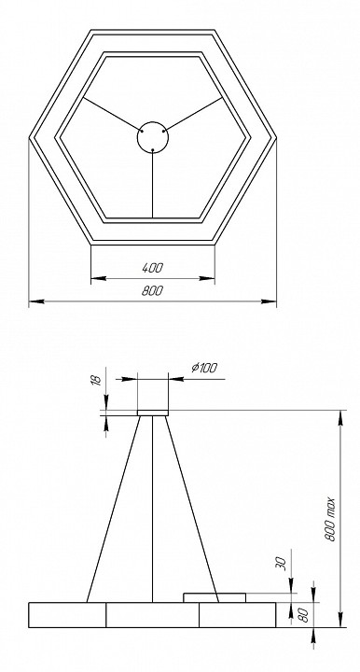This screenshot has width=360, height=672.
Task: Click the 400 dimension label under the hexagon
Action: (152, 269)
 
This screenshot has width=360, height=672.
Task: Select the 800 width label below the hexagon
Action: (152, 292)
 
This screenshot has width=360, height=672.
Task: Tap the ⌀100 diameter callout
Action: (203, 368)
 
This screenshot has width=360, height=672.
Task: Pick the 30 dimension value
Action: (280, 567)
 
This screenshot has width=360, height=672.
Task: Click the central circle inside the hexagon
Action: (152, 137)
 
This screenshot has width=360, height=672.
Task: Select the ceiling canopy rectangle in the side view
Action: (152, 412)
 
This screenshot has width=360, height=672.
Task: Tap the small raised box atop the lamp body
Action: (214, 595)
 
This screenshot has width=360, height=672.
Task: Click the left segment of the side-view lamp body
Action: (67, 614)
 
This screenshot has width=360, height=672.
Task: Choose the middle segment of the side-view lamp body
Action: (152, 614)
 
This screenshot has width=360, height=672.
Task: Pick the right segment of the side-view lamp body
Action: (237, 614)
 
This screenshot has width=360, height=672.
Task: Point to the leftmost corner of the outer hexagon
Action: (29, 137)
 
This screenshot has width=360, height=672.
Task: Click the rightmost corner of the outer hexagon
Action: (276, 137)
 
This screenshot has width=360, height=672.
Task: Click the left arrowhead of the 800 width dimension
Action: (35, 301)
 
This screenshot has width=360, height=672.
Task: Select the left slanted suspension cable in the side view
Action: (113, 509)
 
